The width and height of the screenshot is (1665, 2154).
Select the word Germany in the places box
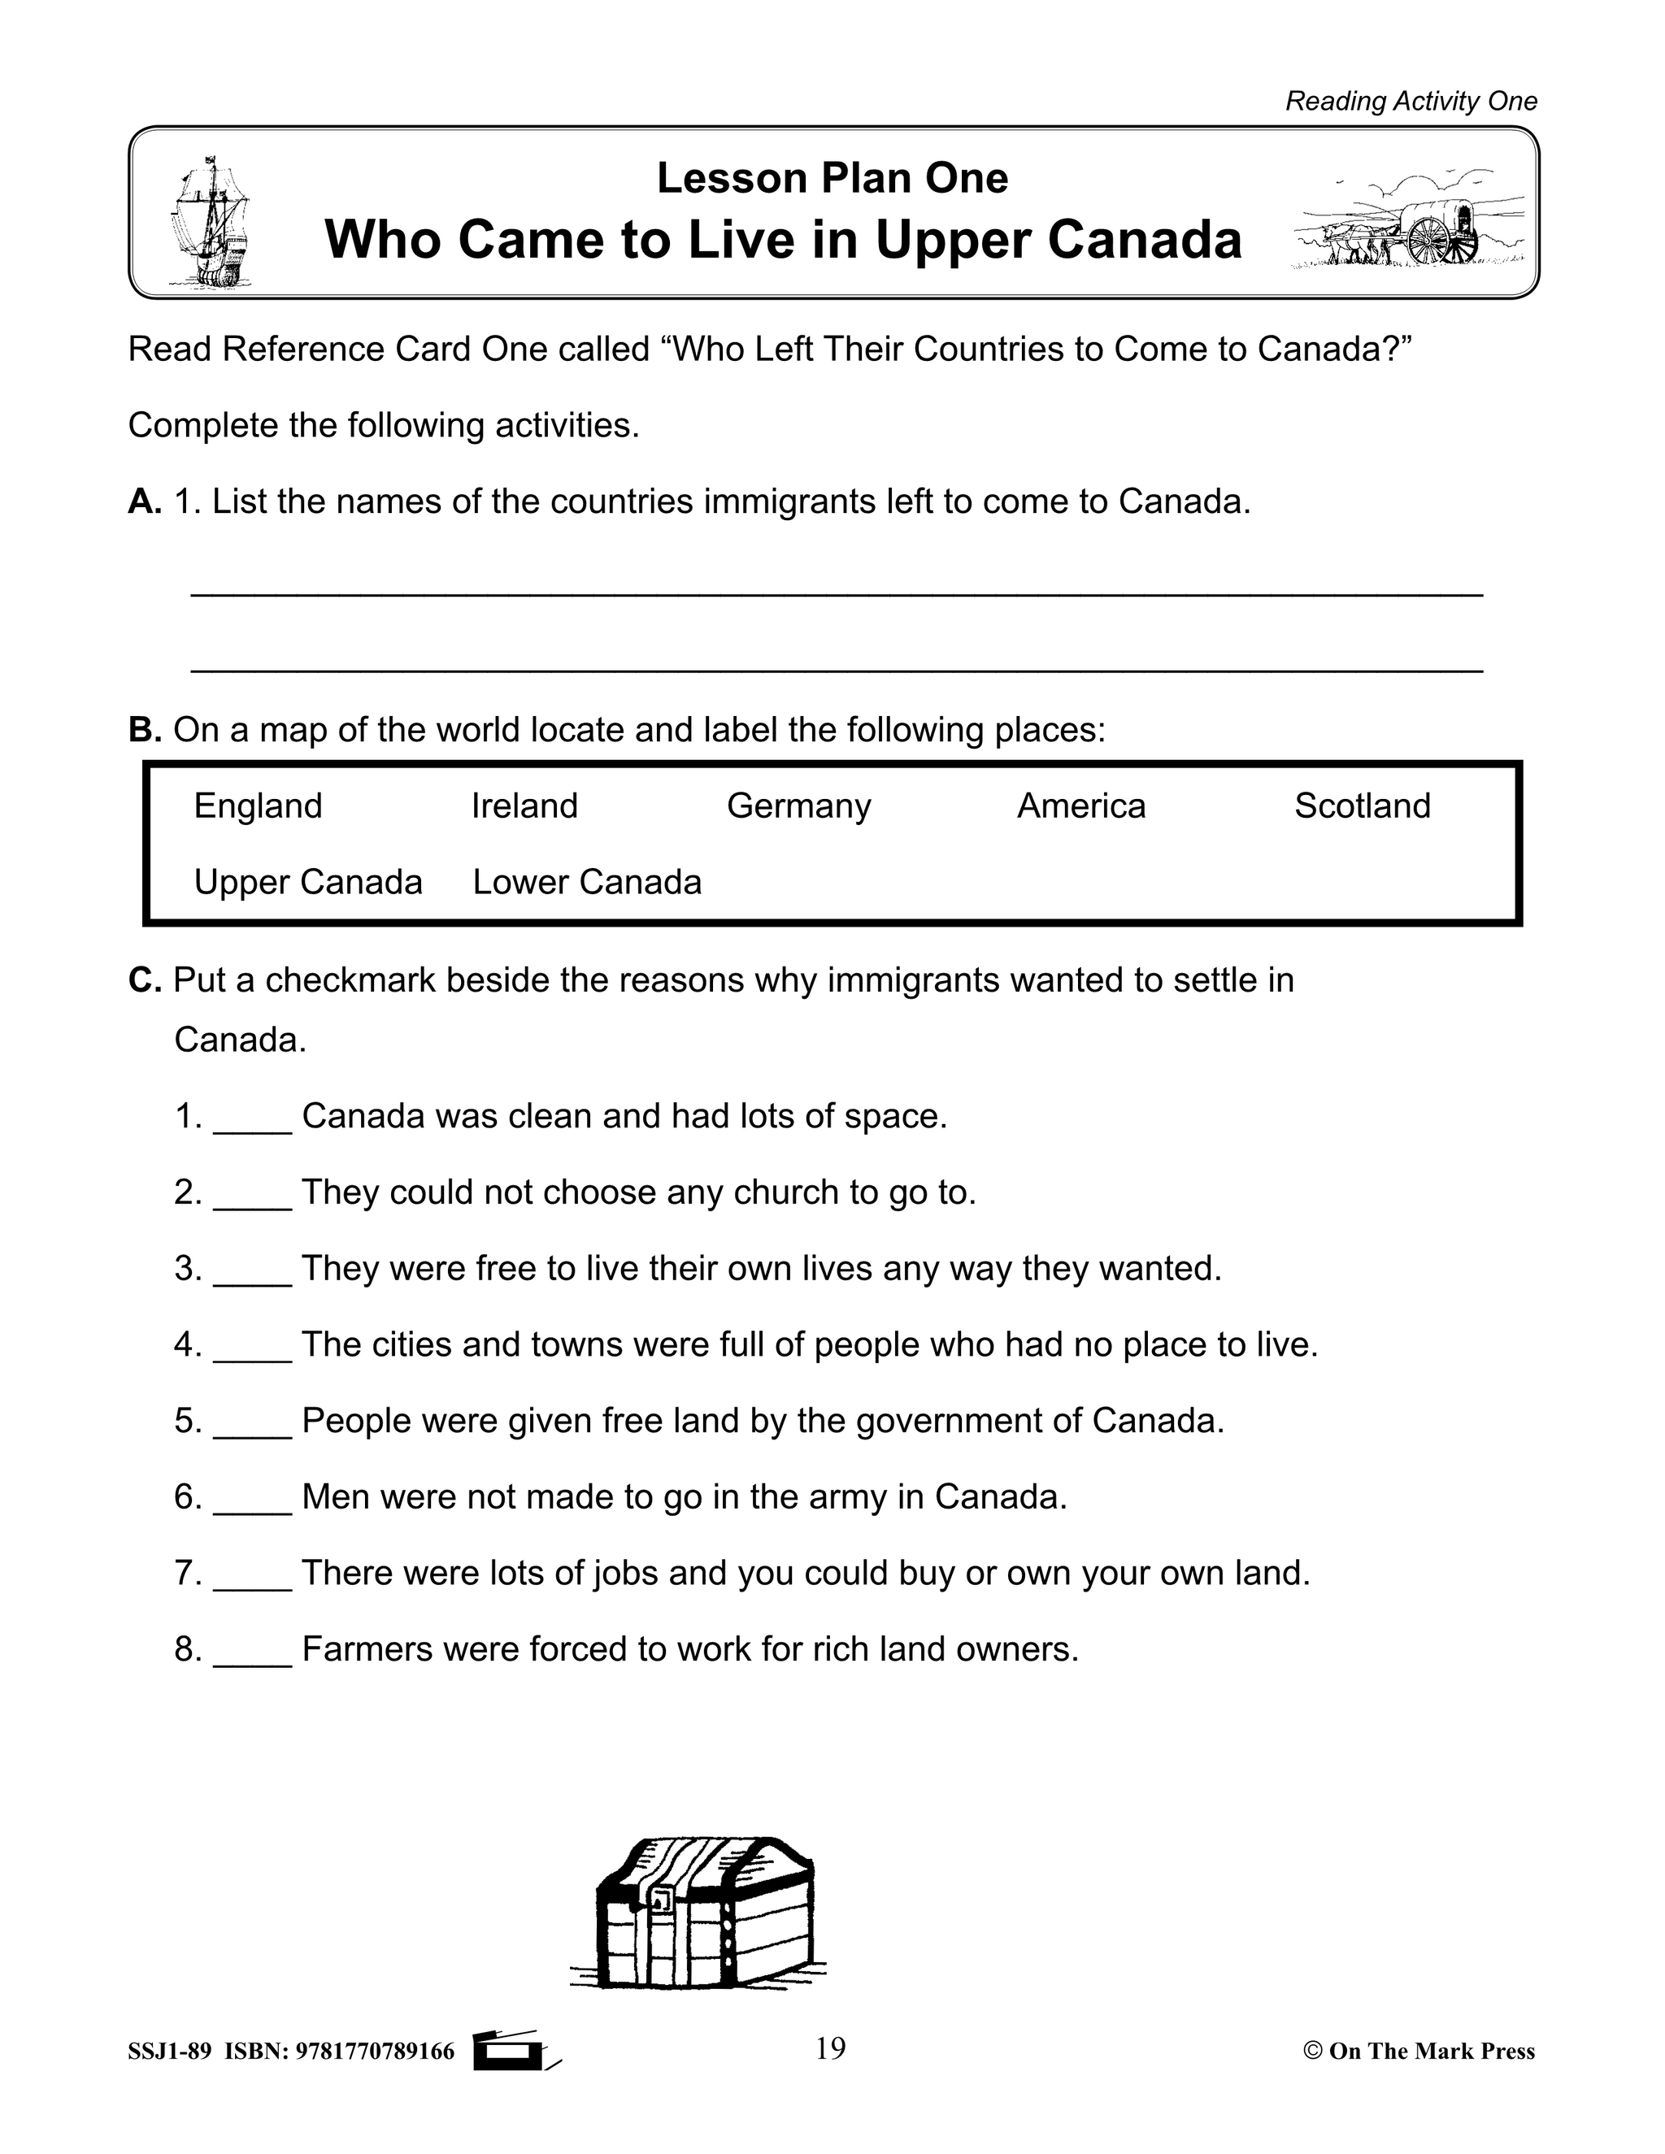[x=798, y=806]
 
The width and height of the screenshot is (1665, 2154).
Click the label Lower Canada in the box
[x=587, y=882]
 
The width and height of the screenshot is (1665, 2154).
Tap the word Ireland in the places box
[x=524, y=806]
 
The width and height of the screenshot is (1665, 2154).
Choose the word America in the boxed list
[x=1081, y=806]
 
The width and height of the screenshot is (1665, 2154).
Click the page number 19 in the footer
[x=831, y=2049]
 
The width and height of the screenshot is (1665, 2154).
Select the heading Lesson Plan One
[x=832, y=179]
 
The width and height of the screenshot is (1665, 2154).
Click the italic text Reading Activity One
[x=1411, y=102]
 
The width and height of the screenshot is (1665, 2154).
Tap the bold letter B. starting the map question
[x=144, y=731]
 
